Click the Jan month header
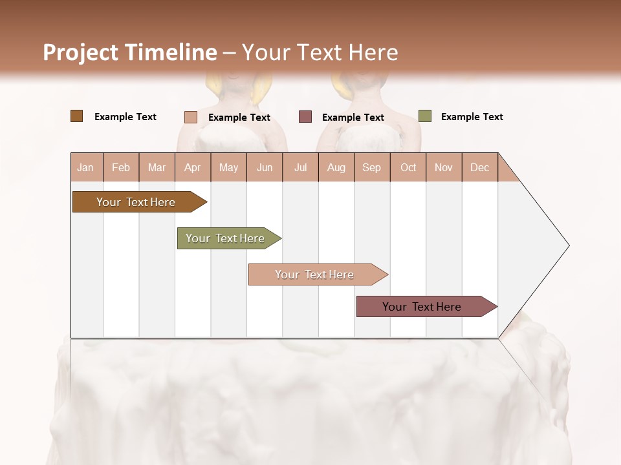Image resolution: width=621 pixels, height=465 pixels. coord(86,167)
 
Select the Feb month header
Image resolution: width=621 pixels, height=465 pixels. coord(121,167)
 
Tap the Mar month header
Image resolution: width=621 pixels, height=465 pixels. coord(157,167)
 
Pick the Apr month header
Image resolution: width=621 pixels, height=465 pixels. coord(193,167)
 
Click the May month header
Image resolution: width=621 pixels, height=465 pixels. coord(228,167)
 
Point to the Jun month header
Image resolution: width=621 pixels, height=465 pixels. coord(265,167)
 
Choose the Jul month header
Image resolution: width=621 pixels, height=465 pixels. coord(300,167)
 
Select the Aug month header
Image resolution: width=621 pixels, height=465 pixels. coord(336,167)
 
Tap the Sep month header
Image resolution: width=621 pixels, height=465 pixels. coord(372,167)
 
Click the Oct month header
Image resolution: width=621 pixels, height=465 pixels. coord(408,167)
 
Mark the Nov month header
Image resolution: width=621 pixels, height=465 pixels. coord(444,167)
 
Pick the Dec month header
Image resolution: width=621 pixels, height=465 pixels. coord(479,167)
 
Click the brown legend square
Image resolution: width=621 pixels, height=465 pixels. coord(76,116)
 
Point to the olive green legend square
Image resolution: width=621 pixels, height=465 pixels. coord(424,116)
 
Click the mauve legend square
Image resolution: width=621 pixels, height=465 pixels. coord(305,117)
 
